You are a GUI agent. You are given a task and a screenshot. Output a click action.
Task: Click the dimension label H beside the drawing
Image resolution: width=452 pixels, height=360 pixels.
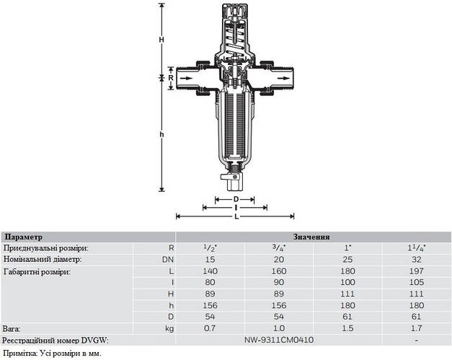[161, 40]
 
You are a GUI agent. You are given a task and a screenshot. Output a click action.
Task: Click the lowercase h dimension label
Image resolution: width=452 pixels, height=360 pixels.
[161, 134]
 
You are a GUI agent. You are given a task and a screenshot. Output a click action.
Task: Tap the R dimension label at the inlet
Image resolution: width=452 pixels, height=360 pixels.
[171, 78]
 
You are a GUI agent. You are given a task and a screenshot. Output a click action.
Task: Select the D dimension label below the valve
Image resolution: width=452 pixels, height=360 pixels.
[236, 199]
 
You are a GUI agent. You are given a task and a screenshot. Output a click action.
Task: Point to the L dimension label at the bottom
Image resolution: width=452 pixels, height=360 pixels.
[236, 216]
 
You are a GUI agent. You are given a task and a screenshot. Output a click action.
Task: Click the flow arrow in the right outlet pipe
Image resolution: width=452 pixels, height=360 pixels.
[285, 78]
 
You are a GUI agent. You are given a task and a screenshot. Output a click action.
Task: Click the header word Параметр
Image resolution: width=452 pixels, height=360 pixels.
[24, 237]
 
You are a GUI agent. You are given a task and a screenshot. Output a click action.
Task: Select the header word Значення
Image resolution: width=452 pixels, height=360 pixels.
[311, 237]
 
